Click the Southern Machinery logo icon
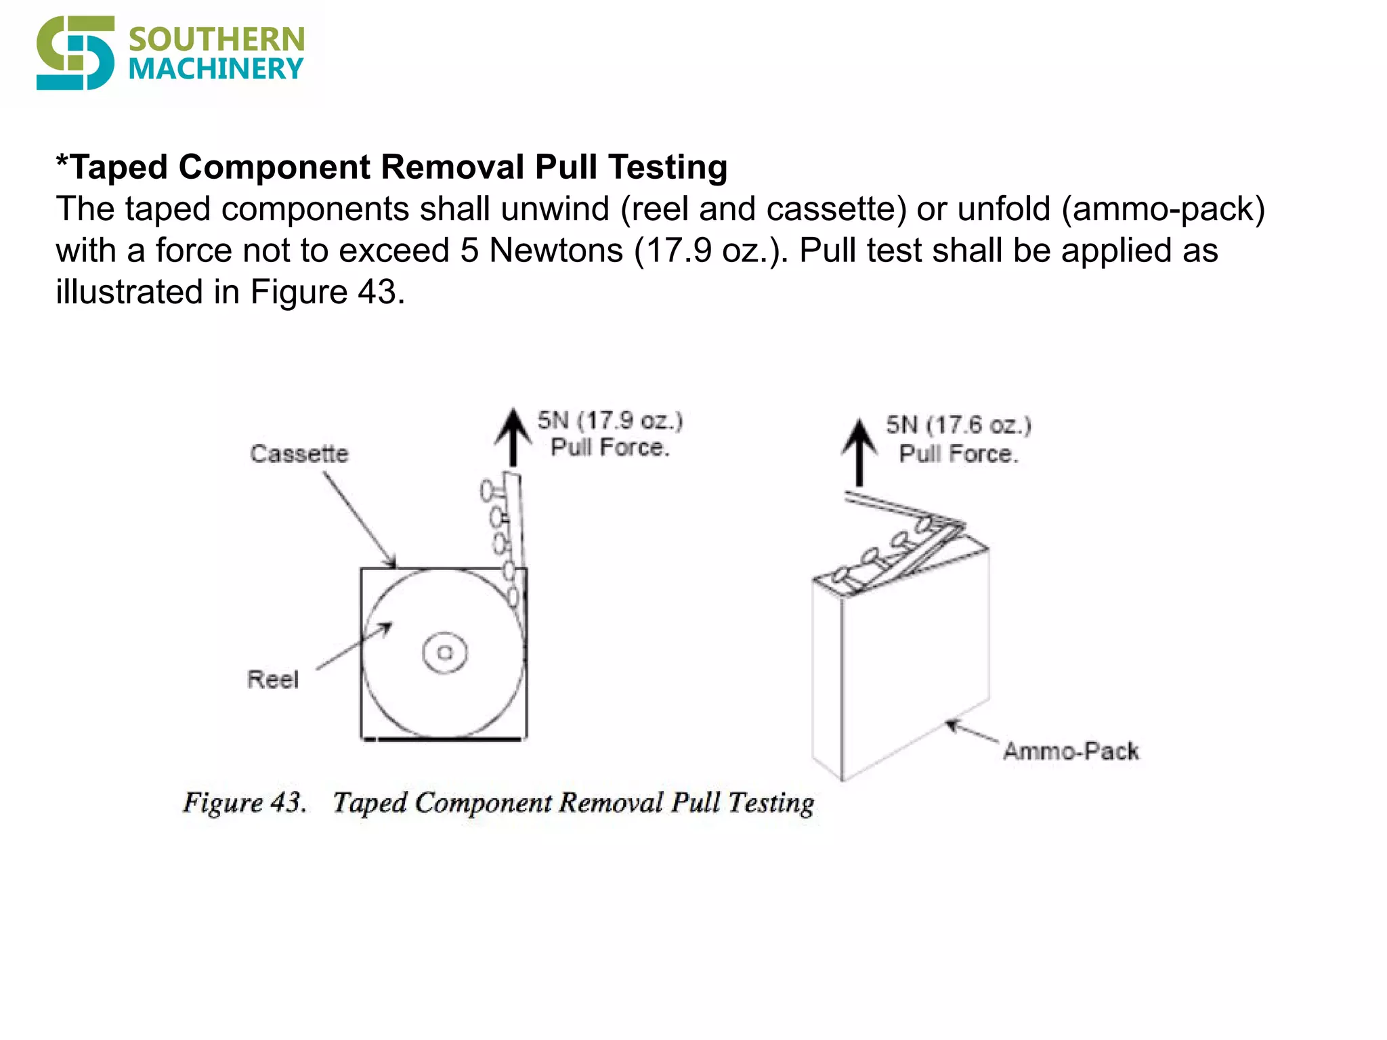click(x=74, y=53)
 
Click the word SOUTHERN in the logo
click(x=216, y=39)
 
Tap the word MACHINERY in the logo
click(x=216, y=69)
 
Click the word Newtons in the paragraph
click(x=555, y=251)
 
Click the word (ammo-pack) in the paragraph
click(x=1162, y=209)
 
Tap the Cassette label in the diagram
click(x=299, y=454)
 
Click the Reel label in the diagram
click(x=272, y=679)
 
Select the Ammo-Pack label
click(x=1070, y=751)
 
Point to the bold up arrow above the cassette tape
click(x=513, y=437)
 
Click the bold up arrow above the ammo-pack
click(x=859, y=451)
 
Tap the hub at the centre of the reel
click(x=444, y=653)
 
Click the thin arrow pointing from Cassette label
click(x=359, y=519)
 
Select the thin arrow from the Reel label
click(x=354, y=647)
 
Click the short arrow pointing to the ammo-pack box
click(x=971, y=733)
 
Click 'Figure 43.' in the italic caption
click(x=244, y=802)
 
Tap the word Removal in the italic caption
click(x=611, y=803)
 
